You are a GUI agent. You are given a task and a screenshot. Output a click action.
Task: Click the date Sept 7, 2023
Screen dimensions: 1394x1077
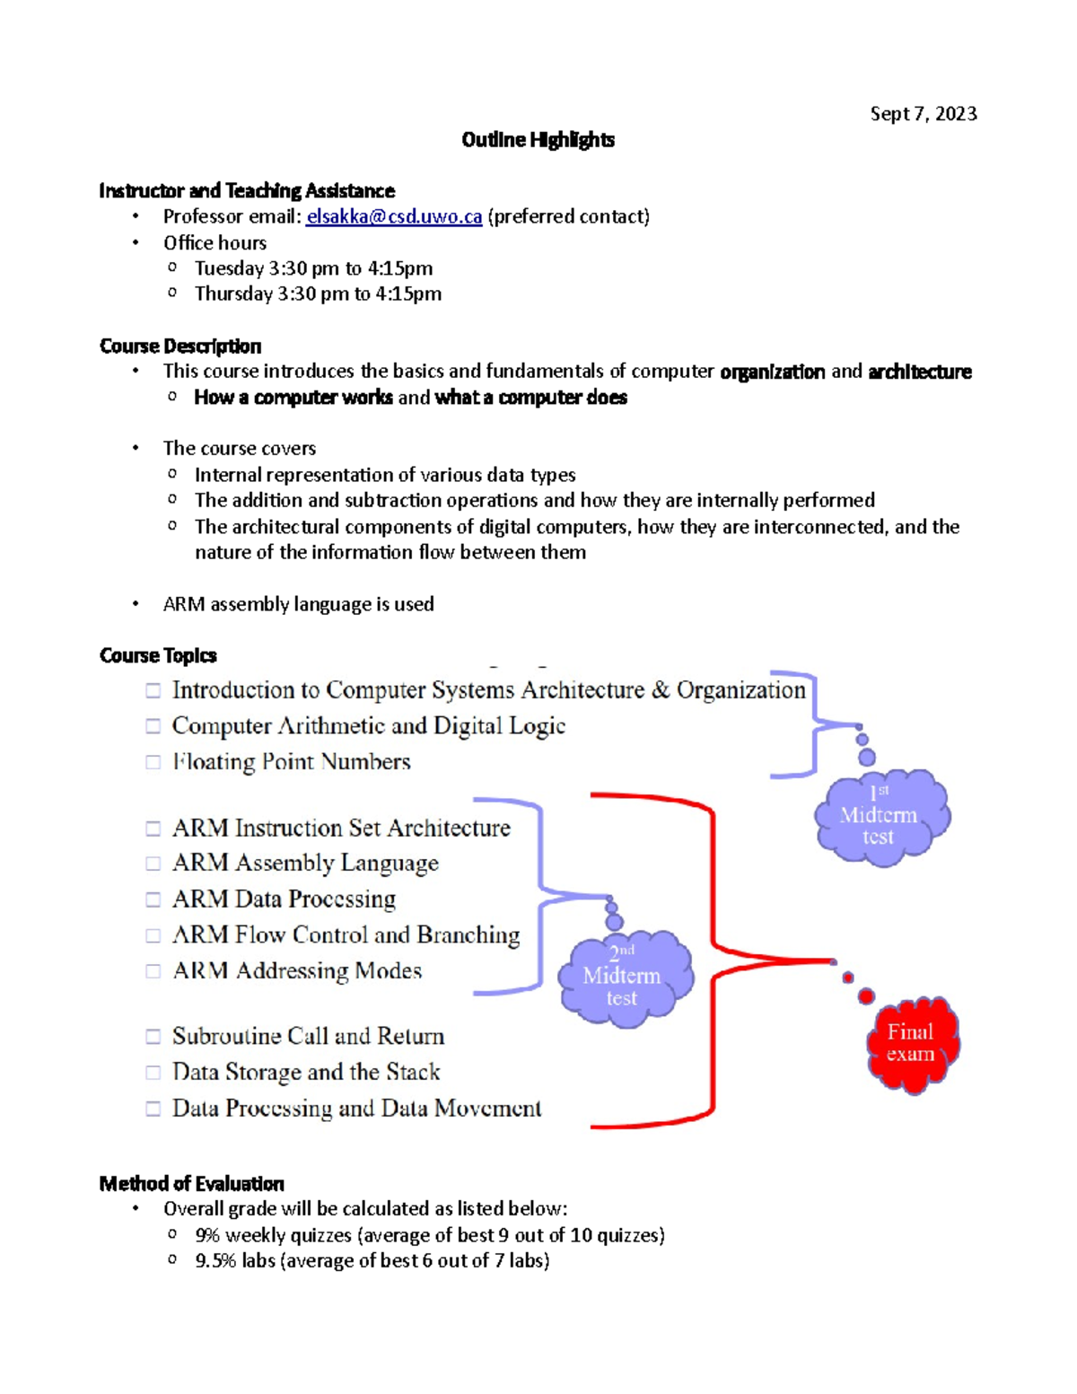(x=923, y=114)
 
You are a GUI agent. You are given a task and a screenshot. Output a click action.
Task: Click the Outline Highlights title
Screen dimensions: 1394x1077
(x=538, y=140)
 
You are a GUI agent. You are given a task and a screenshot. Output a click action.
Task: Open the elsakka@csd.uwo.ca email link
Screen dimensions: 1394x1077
(x=394, y=217)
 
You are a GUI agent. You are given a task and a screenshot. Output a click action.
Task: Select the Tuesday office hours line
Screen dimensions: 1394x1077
(x=313, y=268)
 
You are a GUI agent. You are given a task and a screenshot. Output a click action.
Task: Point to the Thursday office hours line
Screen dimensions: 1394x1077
(x=318, y=294)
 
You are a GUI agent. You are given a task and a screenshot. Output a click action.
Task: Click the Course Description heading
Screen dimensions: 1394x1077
(x=180, y=346)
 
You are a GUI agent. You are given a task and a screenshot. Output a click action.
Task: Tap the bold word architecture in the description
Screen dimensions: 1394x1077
(x=920, y=372)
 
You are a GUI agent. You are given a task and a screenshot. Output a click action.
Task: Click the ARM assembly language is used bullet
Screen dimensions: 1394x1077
(x=298, y=604)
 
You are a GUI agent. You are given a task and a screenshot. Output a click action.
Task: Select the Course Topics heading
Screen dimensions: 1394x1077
(x=158, y=656)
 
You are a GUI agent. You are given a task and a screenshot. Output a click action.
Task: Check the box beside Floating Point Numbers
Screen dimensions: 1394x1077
(x=153, y=762)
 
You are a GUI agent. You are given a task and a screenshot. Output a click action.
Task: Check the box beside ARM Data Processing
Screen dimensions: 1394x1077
(x=153, y=899)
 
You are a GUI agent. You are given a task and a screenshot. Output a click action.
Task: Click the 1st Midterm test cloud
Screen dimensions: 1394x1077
(x=881, y=817)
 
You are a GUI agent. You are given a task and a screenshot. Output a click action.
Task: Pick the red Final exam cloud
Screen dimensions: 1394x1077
(x=912, y=1044)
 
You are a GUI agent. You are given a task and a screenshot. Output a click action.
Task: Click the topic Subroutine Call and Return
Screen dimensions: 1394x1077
(x=308, y=1037)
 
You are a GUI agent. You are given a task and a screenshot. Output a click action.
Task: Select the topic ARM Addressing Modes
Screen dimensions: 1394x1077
(x=296, y=971)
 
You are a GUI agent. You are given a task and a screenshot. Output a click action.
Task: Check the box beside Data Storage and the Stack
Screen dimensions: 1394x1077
(x=153, y=1073)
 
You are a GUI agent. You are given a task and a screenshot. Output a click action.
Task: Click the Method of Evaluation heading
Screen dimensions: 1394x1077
(x=191, y=1184)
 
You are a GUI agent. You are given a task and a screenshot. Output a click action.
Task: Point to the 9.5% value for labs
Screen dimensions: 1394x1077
(x=215, y=1261)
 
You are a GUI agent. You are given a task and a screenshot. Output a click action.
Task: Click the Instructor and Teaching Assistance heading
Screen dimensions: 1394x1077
(x=247, y=191)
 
